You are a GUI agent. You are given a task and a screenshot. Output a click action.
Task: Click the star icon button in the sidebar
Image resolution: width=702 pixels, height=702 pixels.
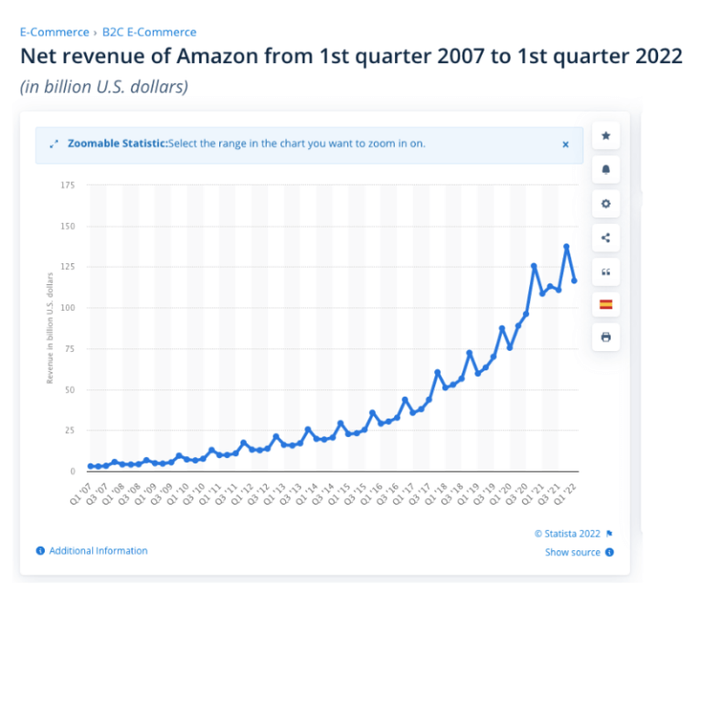click(x=605, y=135)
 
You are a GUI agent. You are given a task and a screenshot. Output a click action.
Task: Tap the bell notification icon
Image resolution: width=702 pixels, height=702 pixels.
click(x=605, y=169)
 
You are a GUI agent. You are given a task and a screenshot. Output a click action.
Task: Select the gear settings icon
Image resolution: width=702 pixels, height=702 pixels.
click(x=605, y=203)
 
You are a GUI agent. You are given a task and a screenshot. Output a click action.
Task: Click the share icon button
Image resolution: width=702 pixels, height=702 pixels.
click(x=605, y=238)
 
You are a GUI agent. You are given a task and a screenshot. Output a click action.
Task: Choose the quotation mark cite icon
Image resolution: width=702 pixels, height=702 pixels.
click(x=605, y=271)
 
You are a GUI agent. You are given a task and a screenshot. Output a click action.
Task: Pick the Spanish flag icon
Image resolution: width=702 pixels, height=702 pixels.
click(x=605, y=304)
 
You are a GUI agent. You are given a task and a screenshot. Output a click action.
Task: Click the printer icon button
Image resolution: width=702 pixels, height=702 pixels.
click(x=605, y=337)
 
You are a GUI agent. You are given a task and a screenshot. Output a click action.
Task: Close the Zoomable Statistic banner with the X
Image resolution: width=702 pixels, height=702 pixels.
click(x=565, y=144)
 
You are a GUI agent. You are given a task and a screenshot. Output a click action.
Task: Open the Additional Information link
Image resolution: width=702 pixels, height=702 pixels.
click(x=98, y=551)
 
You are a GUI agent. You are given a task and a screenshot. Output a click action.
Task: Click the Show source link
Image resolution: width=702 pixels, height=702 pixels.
click(x=573, y=552)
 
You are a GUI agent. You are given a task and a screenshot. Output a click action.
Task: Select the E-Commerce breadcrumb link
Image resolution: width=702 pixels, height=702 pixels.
click(x=55, y=32)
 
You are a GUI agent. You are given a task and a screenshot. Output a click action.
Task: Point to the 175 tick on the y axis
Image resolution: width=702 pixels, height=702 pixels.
click(x=68, y=186)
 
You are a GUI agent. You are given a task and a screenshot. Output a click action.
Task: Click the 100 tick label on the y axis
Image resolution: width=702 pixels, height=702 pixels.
click(x=68, y=308)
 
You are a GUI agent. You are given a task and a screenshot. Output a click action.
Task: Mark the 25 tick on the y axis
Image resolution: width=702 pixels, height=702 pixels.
click(x=69, y=431)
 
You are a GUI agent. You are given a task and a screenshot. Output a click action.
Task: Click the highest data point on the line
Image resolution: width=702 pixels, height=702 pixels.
click(x=567, y=247)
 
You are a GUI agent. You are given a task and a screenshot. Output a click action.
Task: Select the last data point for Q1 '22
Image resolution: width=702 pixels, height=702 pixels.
click(x=574, y=281)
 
